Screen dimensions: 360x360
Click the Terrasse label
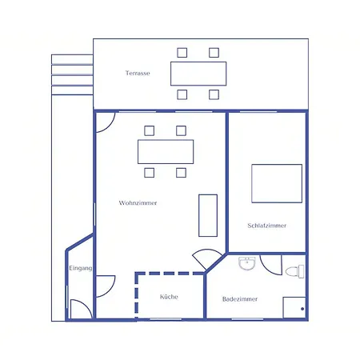point(138,73)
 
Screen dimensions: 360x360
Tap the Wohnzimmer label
point(138,203)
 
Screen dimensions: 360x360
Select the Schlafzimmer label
point(267,226)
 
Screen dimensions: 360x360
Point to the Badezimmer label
point(240,299)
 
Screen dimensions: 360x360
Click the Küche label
point(169,297)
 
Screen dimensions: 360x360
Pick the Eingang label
point(81,268)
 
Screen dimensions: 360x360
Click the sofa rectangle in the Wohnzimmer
point(208,215)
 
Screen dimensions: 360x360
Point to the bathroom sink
point(247,263)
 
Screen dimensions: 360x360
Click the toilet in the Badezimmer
point(294,271)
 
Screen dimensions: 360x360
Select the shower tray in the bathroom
point(294,307)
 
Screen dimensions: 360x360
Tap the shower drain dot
point(302,309)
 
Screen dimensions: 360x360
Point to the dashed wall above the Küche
point(170,274)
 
